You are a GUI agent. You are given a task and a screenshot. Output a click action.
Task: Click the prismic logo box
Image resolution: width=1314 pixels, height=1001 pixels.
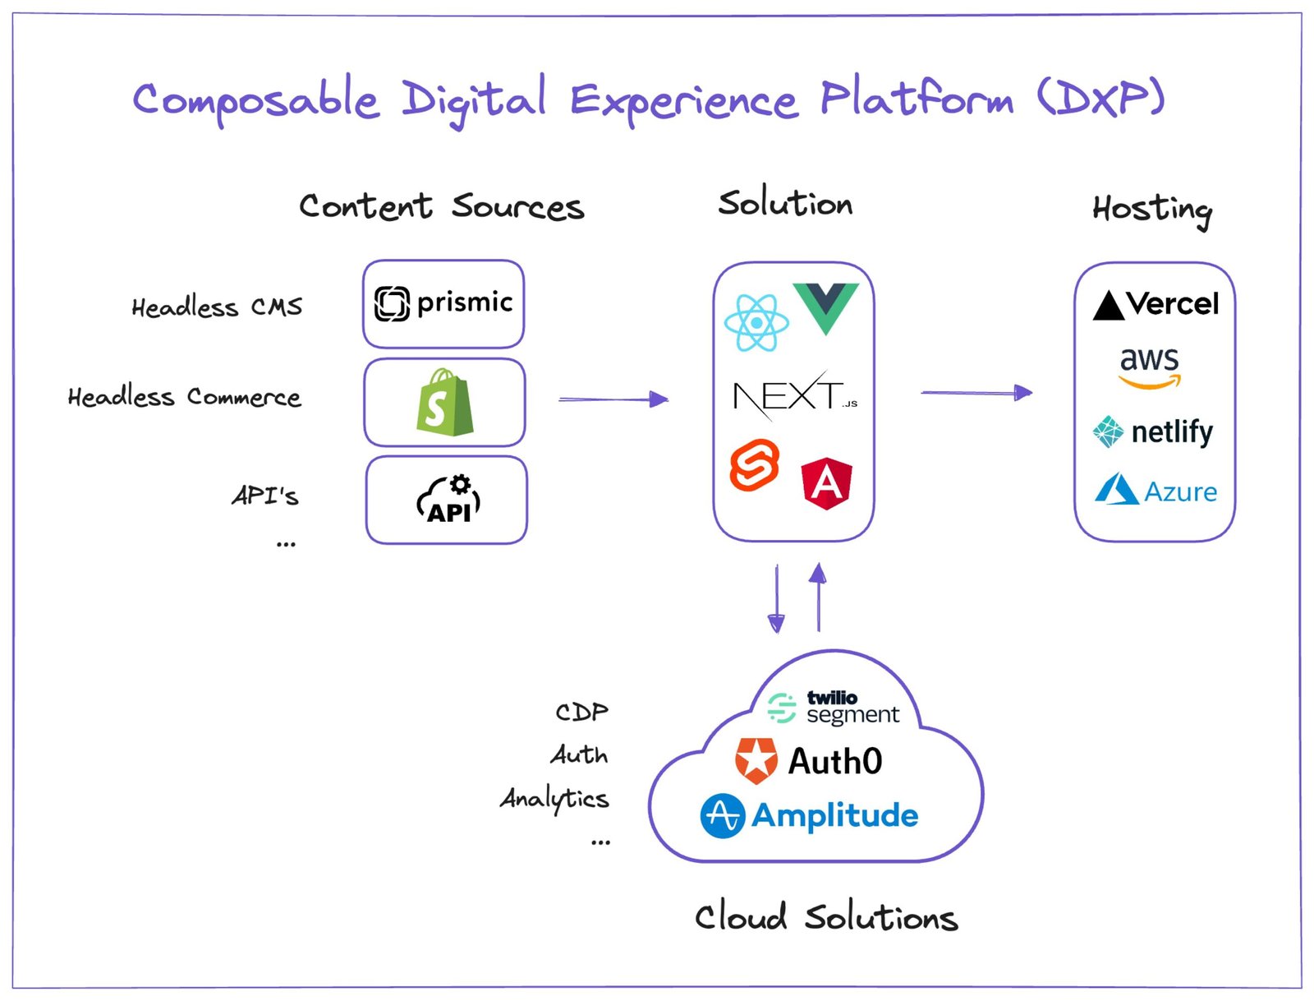coord(443,303)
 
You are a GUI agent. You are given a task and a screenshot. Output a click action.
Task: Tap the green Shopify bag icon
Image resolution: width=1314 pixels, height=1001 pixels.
coord(444,403)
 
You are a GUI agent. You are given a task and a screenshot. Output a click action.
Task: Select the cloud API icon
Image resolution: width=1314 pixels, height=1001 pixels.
coord(448,500)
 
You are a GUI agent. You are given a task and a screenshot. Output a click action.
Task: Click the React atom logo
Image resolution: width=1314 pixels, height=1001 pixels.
coord(756,323)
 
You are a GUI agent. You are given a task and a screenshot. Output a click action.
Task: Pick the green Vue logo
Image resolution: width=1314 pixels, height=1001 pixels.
coord(825,307)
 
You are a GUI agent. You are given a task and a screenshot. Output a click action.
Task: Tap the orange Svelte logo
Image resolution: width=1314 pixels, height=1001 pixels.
coord(755,465)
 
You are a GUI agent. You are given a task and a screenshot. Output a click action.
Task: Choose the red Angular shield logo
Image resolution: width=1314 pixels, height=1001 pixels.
coord(826,483)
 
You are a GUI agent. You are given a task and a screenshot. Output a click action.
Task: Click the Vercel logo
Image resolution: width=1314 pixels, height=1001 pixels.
coord(1155,305)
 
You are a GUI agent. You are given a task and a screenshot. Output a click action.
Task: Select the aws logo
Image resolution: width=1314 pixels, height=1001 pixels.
coord(1149,367)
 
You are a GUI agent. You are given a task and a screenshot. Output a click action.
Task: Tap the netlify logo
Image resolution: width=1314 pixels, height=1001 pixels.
coord(1153,431)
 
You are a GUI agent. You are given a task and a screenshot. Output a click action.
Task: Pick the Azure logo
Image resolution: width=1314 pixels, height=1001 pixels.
coord(1155,491)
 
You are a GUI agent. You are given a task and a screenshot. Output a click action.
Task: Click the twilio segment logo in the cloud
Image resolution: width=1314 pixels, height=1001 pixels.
coord(834,708)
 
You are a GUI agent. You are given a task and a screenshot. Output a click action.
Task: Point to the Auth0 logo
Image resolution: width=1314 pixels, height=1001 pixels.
coord(809,761)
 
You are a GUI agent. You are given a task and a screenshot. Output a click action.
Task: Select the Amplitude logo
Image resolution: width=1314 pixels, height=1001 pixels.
coord(809,816)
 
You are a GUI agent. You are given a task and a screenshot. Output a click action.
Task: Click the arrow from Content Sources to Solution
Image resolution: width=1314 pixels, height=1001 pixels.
coord(613,399)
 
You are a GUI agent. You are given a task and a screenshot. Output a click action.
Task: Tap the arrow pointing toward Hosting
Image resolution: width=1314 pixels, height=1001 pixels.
coord(976,393)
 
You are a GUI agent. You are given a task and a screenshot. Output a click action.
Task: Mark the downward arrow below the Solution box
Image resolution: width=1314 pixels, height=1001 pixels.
coord(776,598)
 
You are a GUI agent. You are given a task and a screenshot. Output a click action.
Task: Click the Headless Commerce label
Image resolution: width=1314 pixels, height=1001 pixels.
coord(184,397)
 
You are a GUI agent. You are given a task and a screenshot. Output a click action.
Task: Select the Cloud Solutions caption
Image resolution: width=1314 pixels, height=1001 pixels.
coord(825,917)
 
